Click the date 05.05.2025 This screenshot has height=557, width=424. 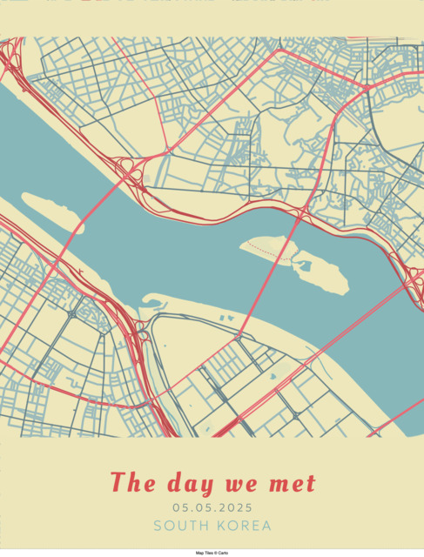[x=212, y=507]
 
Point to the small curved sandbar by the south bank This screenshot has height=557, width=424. [x=153, y=302]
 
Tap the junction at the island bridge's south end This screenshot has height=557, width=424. [x=237, y=336]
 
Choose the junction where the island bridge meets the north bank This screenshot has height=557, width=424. [x=300, y=212]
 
